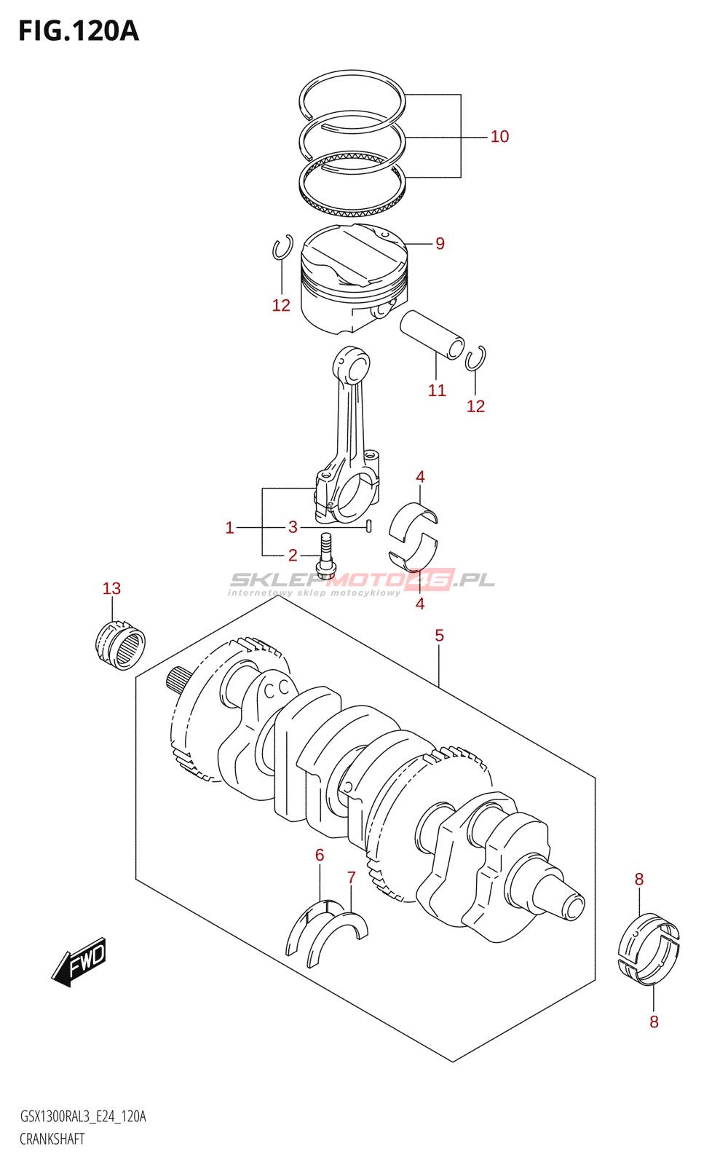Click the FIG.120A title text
78,31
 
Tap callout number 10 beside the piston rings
499,137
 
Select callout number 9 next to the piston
440,244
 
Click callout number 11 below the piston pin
437,391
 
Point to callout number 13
111,588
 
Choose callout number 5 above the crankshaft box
439,636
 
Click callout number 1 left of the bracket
229,528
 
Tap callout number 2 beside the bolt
293,556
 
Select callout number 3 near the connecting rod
293,527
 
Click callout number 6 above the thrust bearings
320,856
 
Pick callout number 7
352,878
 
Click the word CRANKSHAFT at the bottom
52,1139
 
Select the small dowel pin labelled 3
369,526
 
